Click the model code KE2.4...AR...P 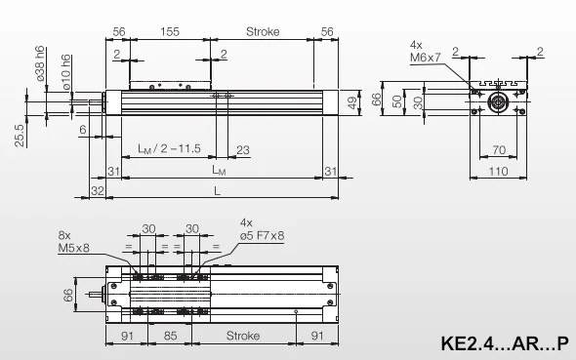point(505,343)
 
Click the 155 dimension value point(170,31)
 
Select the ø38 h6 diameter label point(40,63)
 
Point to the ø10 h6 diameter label point(66,72)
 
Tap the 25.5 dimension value point(20,136)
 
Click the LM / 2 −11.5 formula point(169,148)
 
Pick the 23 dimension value point(243,149)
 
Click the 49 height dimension point(351,102)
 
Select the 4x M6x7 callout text point(425,52)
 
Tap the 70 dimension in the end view point(499,149)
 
